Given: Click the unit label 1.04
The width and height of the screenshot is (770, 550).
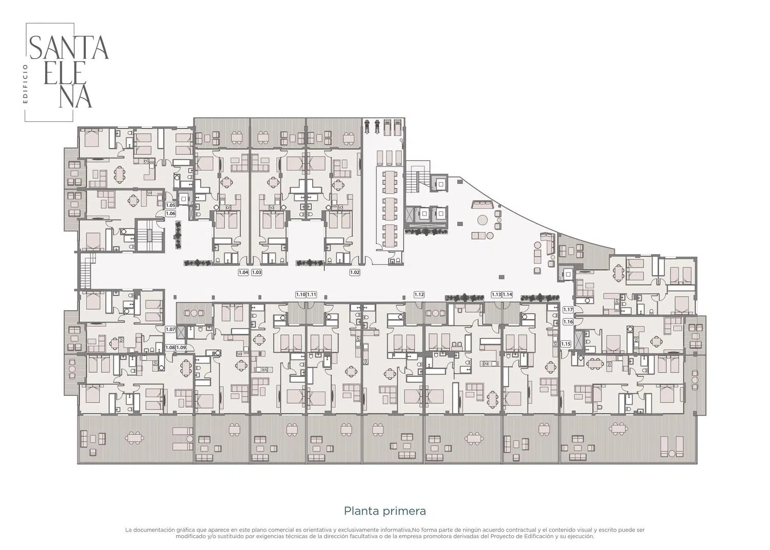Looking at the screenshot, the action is pyautogui.click(x=243, y=272).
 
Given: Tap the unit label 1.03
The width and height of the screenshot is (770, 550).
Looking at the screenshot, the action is pyautogui.click(x=257, y=272).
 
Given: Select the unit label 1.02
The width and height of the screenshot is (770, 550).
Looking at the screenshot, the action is pyautogui.click(x=355, y=272).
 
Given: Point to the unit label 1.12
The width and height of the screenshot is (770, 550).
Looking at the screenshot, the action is pyautogui.click(x=419, y=294).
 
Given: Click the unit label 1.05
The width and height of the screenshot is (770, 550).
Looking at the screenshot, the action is pyautogui.click(x=170, y=205).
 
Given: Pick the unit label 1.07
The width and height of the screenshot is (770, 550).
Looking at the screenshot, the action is pyautogui.click(x=170, y=329).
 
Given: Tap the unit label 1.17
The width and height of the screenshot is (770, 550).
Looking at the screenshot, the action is pyautogui.click(x=568, y=310).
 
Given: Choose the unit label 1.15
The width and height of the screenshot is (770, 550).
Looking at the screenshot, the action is pyautogui.click(x=566, y=344).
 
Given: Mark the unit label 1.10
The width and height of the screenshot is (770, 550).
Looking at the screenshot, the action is pyautogui.click(x=301, y=294).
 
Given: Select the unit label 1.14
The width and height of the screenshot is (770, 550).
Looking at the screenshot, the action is pyautogui.click(x=507, y=294).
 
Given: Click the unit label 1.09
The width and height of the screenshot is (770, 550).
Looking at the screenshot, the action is pyautogui.click(x=181, y=347).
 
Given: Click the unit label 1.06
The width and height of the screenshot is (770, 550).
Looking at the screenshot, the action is pyautogui.click(x=170, y=213).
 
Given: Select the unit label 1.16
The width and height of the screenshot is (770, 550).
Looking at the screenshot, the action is pyautogui.click(x=568, y=321).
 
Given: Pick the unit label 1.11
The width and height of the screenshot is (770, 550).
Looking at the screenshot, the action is pyautogui.click(x=312, y=294).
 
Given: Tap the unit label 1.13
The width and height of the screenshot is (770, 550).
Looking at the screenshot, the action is pyautogui.click(x=496, y=294).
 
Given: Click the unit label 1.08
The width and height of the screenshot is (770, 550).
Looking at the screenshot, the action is pyautogui.click(x=170, y=347).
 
